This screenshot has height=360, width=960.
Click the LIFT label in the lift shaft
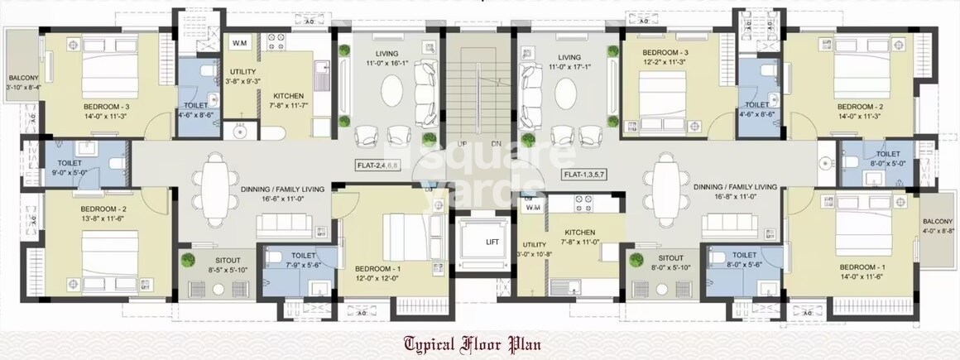(x=492, y=242)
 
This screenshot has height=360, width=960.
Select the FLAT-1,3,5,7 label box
(x=584, y=175)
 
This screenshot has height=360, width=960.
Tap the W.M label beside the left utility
(x=240, y=42)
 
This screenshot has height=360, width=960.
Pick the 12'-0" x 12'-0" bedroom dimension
(x=378, y=279)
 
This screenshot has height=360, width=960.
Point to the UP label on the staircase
(x=463, y=144)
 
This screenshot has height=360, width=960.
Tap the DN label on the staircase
(x=496, y=144)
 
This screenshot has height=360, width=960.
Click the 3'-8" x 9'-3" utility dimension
(x=243, y=82)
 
